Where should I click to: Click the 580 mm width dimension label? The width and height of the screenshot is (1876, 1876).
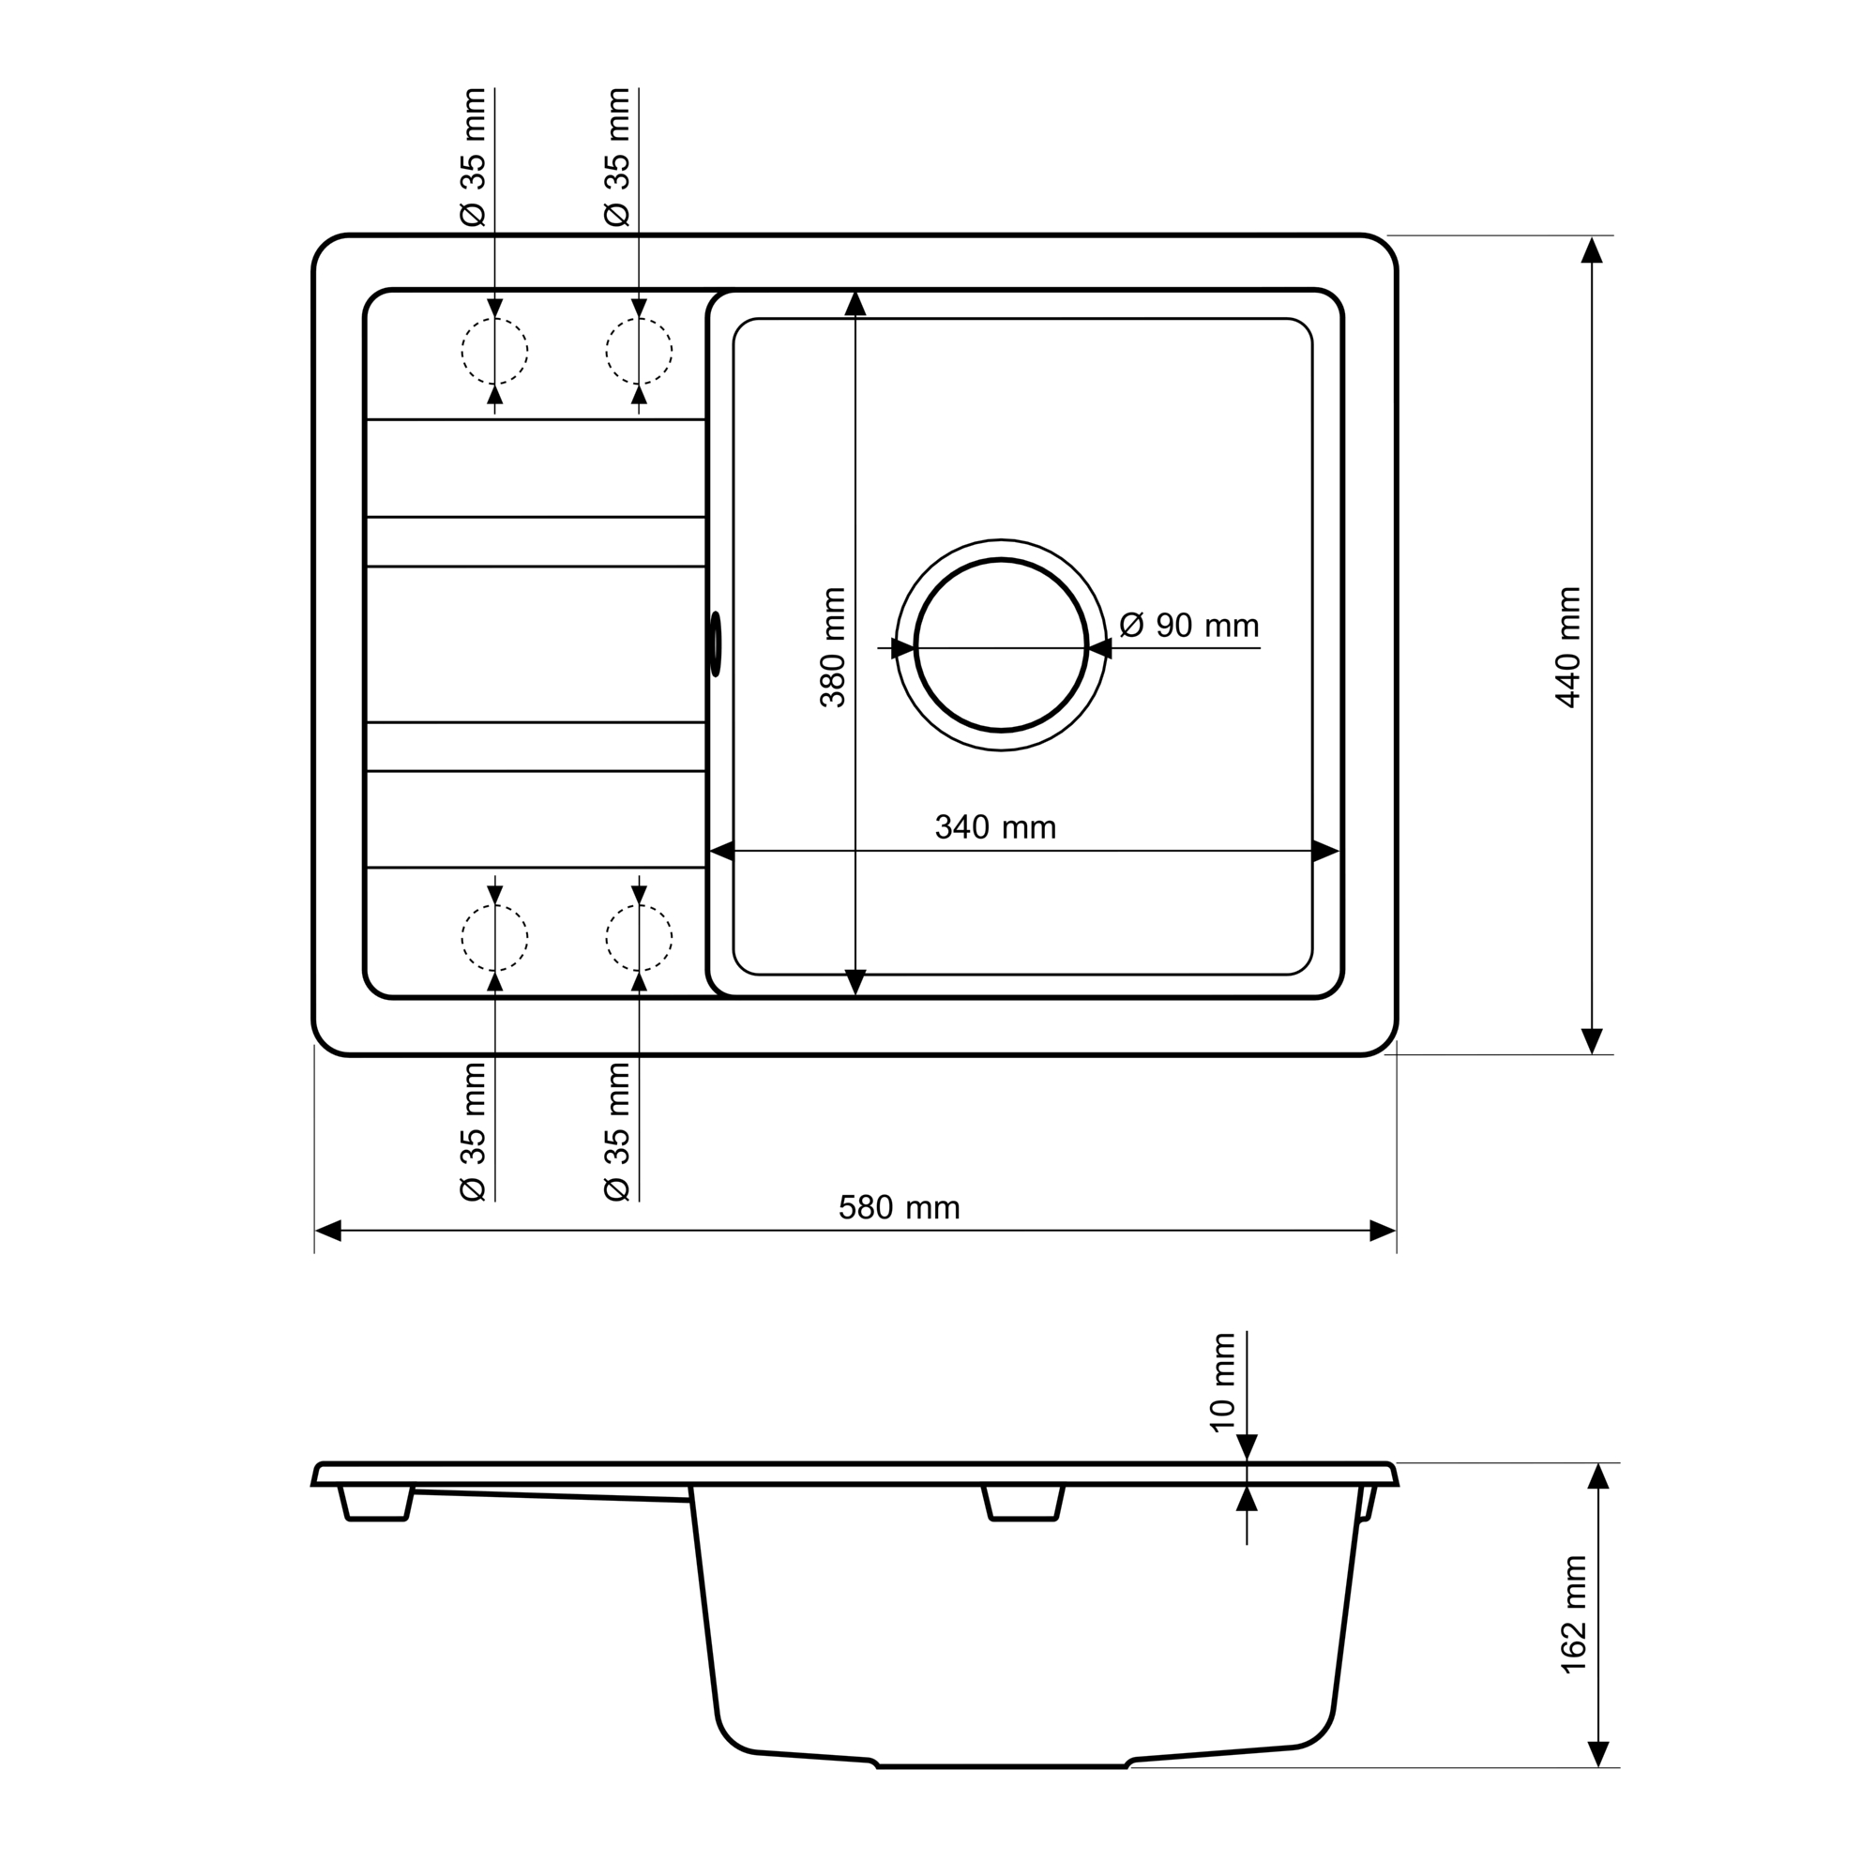pyautogui.click(x=900, y=1208)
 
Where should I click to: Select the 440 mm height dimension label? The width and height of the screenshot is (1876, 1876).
pyautogui.click(x=1568, y=647)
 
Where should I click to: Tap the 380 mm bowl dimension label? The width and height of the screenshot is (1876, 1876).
pyautogui.click(x=833, y=647)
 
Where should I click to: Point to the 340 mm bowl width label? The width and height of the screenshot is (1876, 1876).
pyautogui.click(x=995, y=827)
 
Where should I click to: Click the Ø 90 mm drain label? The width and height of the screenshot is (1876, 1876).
pyautogui.click(x=1188, y=626)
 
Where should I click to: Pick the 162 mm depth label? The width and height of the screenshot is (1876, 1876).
pyautogui.click(x=1574, y=1613)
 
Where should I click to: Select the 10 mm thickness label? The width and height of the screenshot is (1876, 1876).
pyautogui.click(x=1222, y=1383)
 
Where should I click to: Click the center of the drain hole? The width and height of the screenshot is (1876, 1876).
pyautogui.click(x=1001, y=645)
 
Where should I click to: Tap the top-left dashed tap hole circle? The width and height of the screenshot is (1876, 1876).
pyautogui.click(x=494, y=318)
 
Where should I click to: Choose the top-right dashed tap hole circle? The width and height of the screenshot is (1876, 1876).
pyautogui.click(x=639, y=318)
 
